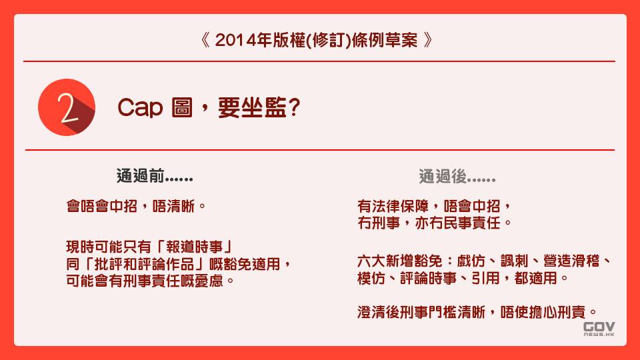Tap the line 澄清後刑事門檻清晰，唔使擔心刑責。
pos(476,311)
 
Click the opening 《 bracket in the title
pos(205,40)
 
